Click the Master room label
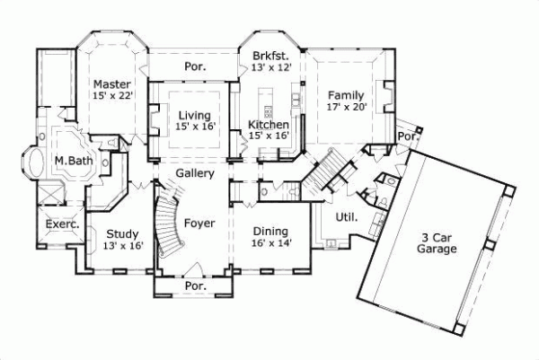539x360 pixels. coord(112,83)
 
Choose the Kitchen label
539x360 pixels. coord(269,124)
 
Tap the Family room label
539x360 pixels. coord(345,95)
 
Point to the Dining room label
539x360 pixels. coord(270,229)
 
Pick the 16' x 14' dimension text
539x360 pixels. coord(270,242)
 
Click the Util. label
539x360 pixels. coord(346,216)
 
